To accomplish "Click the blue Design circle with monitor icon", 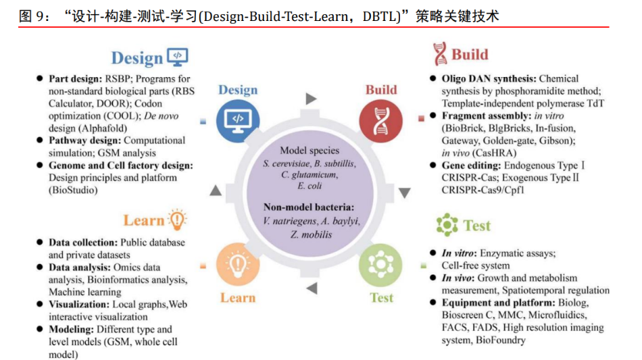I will coord(237,119).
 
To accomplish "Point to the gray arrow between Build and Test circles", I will coord(404,192).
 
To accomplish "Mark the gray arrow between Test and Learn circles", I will coord(312,288).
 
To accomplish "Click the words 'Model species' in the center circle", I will coord(310,151).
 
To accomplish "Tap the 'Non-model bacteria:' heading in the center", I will coord(310,207).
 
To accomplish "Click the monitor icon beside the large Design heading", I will coord(178,57).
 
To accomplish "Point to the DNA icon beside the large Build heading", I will coord(440,53).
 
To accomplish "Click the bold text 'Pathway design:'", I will coord(84,140).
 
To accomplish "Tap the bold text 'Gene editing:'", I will coord(470,165).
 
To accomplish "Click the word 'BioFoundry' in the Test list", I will coord(501,340).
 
